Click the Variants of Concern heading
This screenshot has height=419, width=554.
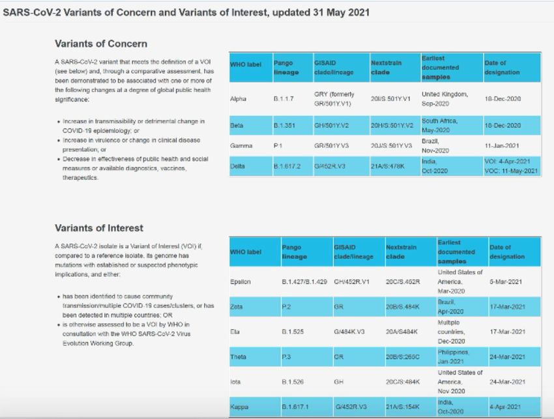[x=100, y=44]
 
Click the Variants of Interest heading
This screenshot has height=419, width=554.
[x=99, y=228]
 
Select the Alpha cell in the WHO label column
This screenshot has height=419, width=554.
[x=238, y=99]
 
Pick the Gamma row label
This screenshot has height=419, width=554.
[x=241, y=146]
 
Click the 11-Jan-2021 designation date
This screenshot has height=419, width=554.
[x=503, y=146]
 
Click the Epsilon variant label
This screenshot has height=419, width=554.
[x=241, y=282]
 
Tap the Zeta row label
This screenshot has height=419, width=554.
[x=237, y=306]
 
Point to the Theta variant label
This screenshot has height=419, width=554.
[x=239, y=356]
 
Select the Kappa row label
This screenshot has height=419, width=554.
[x=240, y=407]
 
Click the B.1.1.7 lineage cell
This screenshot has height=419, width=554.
[x=285, y=99]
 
